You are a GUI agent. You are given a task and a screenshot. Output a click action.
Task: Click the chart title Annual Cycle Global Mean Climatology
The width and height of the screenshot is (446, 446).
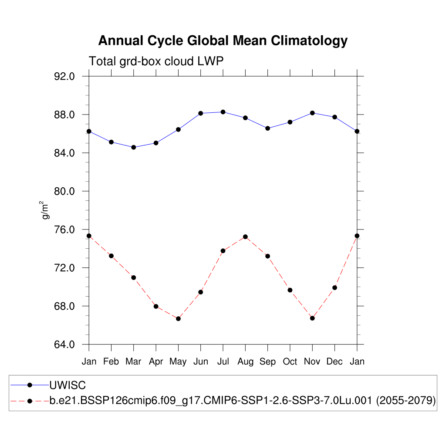[223, 41]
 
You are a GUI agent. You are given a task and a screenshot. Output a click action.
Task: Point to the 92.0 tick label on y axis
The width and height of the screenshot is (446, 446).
[65, 77]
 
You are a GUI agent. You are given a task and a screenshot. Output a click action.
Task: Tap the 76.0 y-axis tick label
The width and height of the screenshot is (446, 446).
[65, 230]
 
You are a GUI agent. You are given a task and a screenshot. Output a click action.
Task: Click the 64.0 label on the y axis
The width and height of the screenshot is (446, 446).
[65, 345]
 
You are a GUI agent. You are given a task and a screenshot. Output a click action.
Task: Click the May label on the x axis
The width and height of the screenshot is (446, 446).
[178, 362]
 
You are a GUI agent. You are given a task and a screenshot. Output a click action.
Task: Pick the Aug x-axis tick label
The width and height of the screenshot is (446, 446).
[245, 362]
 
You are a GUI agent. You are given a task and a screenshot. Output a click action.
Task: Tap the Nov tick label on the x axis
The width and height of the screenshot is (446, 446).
[312, 362]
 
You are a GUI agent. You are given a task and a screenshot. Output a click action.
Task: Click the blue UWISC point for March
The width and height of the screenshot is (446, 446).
[134, 147]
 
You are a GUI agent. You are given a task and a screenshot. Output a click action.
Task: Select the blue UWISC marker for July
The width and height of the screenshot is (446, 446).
[223, 112]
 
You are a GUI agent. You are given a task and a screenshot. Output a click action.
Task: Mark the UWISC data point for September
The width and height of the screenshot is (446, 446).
[267, 128]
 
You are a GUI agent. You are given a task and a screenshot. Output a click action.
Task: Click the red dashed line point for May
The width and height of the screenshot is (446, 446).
[178, 319]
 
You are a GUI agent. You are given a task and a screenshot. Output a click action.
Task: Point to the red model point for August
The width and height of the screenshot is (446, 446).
[245, 237]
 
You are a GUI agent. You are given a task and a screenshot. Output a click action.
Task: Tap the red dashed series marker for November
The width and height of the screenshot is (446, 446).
[312, 318]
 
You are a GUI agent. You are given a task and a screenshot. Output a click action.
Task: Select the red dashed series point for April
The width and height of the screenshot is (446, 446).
[156, 306]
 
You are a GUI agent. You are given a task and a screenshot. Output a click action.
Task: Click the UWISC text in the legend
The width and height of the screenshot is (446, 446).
[68, 385]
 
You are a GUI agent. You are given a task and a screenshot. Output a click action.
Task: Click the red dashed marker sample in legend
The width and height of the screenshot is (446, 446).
[30, 401]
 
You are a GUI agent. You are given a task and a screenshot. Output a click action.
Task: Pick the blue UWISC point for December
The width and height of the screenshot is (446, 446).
[334, 117]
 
